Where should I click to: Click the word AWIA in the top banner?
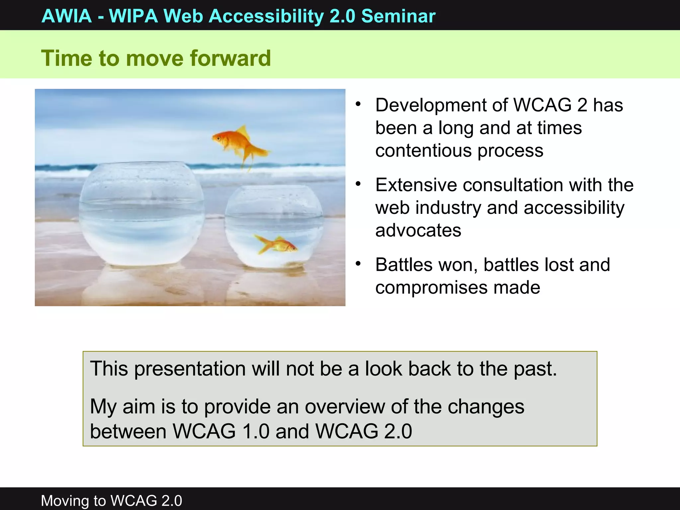(x=67, y=16)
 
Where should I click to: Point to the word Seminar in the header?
(x=398, y=16)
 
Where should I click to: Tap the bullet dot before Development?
(x=358, y=104)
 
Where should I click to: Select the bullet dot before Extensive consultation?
(x=358, y=184)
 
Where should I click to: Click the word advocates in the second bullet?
(x=418, y=230)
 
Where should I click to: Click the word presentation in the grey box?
(x=190, y=369)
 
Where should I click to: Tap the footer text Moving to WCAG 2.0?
(x=111, y=500)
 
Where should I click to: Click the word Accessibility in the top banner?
(x=266, y=16)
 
